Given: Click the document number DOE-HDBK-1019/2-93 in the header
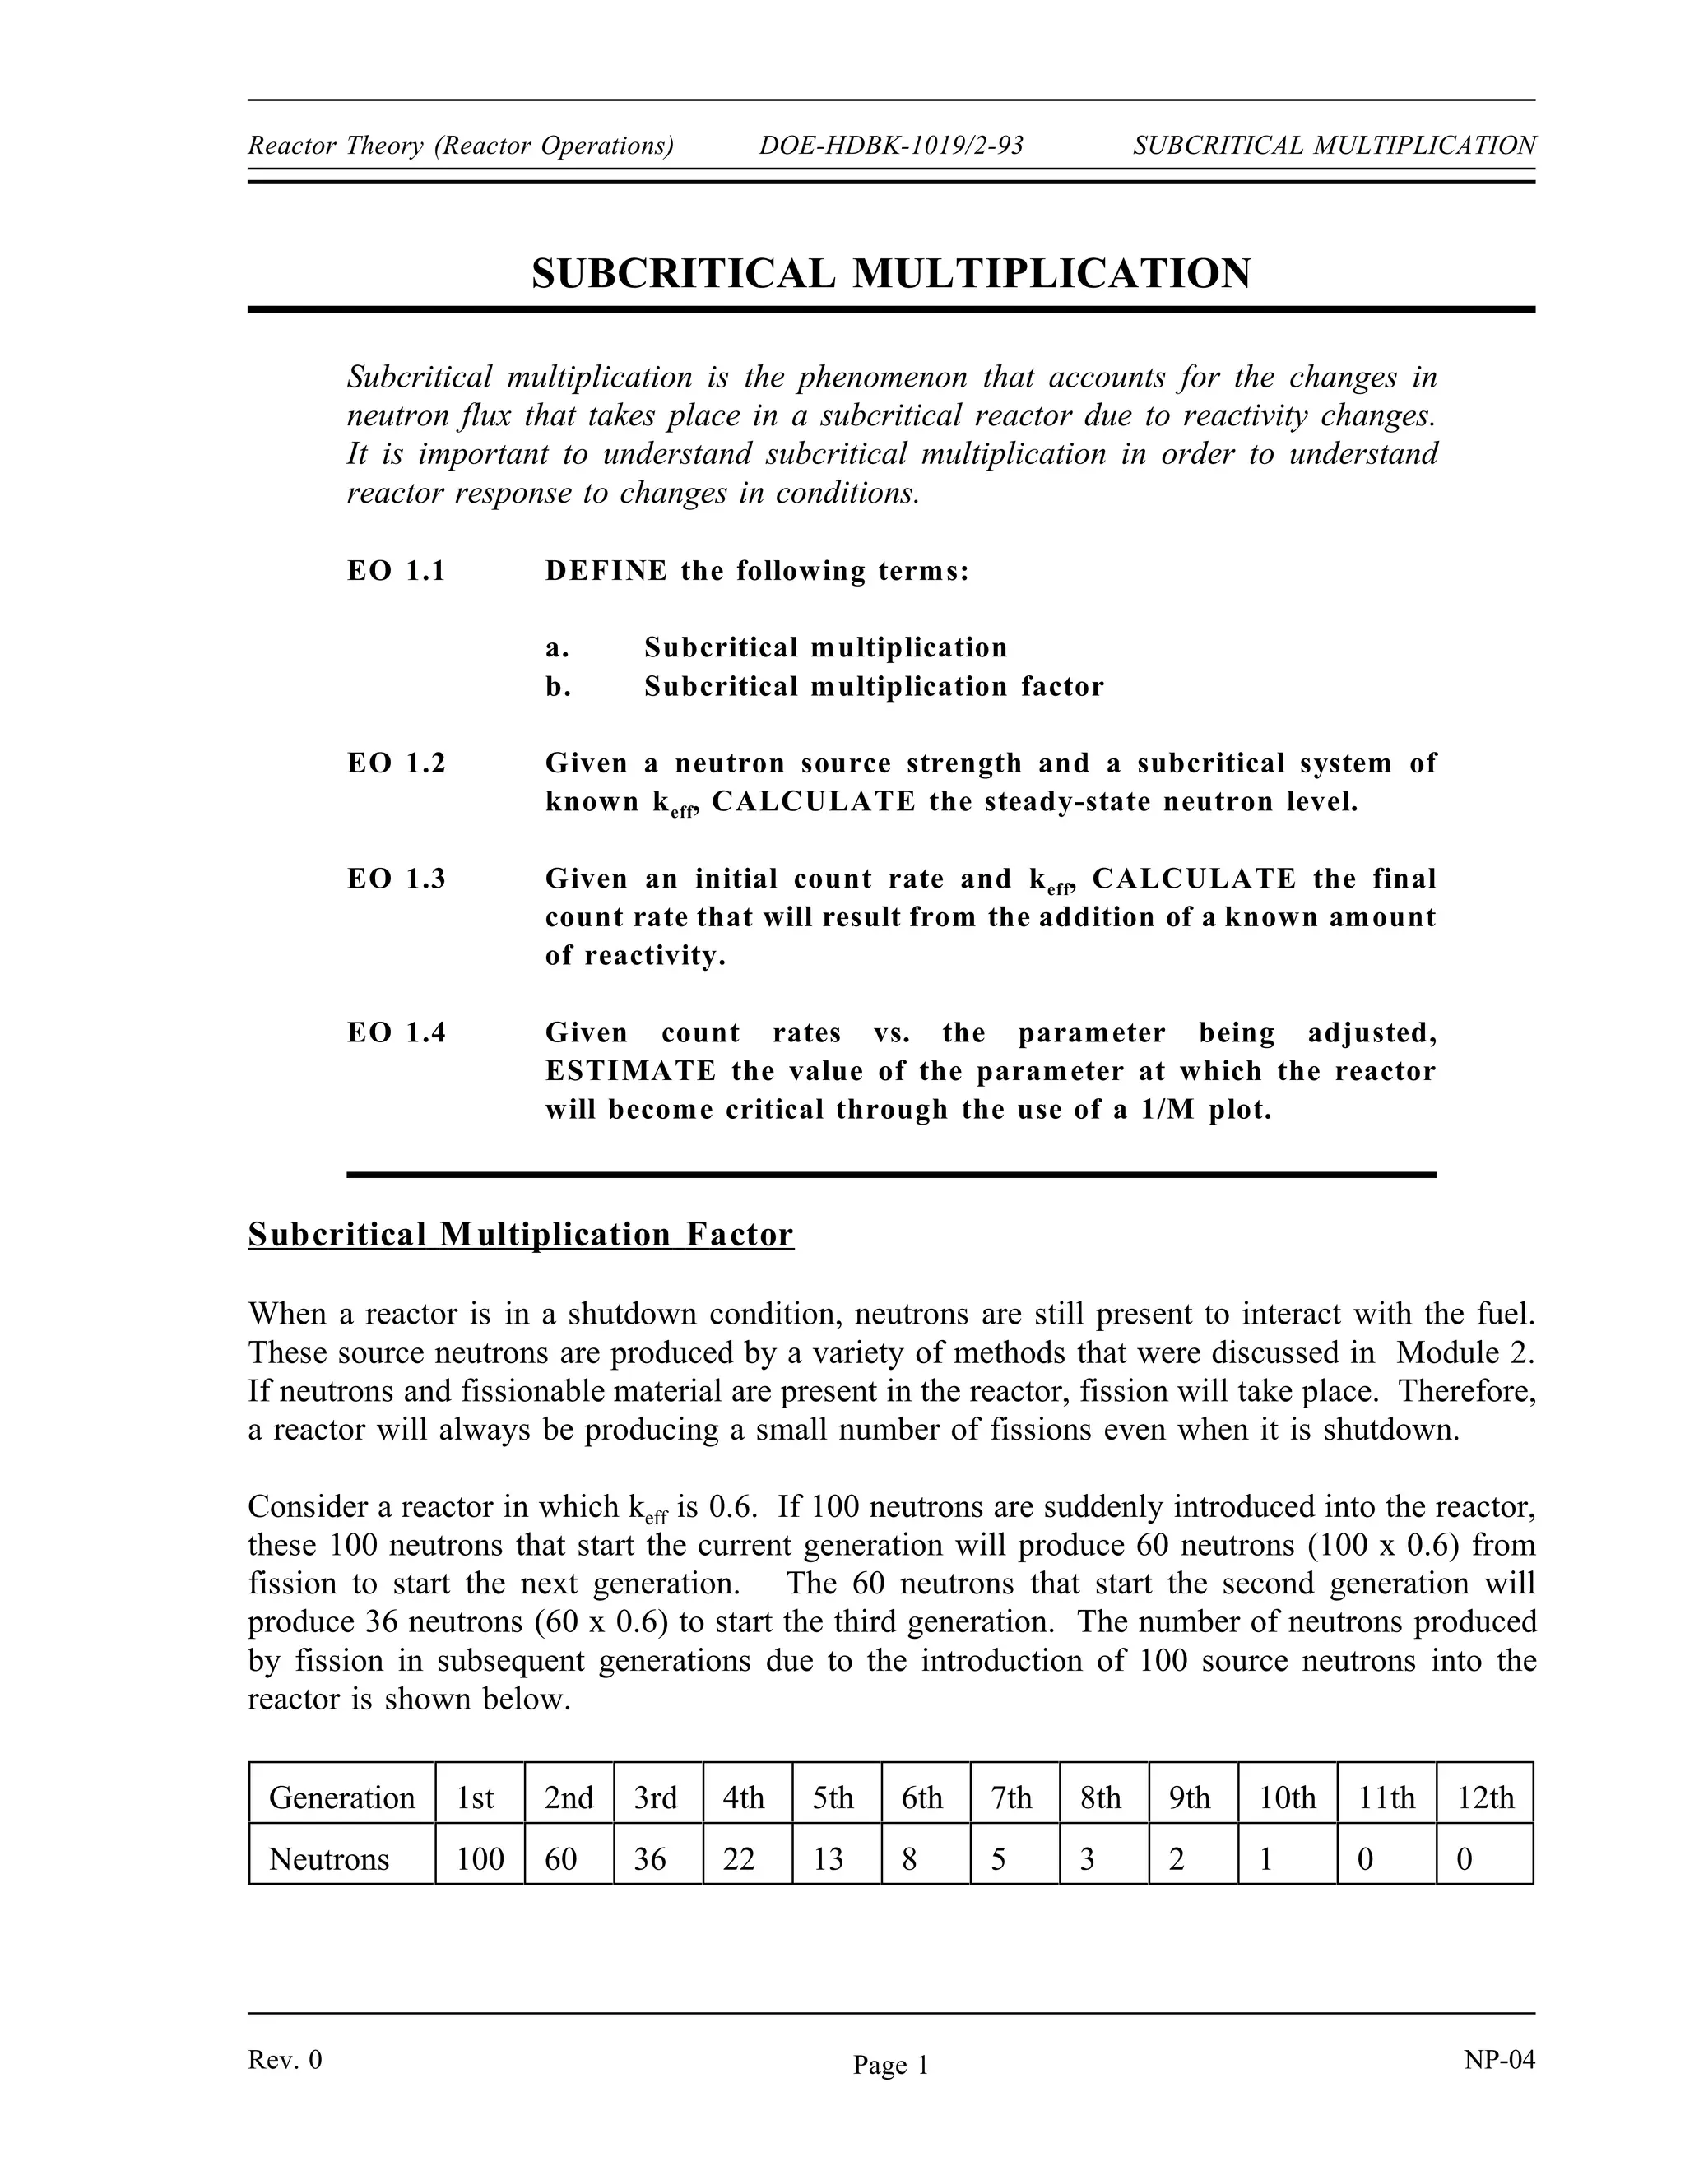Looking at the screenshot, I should (890, 146).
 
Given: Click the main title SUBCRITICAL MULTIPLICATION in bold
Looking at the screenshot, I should (890, 273).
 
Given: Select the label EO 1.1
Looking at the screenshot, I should (397, 571).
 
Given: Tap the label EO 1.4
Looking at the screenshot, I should (397, 1033).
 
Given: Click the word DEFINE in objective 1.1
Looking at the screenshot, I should (606, 571).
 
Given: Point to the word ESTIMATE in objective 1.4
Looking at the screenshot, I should (631, 1072).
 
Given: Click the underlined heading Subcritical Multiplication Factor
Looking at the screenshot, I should (520, 1235).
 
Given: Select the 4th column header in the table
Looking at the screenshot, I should (744, 1797).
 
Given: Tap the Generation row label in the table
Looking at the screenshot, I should (341, 1797).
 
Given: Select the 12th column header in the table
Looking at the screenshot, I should (1484, 1797).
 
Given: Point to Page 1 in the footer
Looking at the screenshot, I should (890, 2065).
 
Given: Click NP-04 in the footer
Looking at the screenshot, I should (1498, 2059).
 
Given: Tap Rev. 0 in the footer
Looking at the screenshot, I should (285, 2059).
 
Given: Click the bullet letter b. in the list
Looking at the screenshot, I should (558, 687).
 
